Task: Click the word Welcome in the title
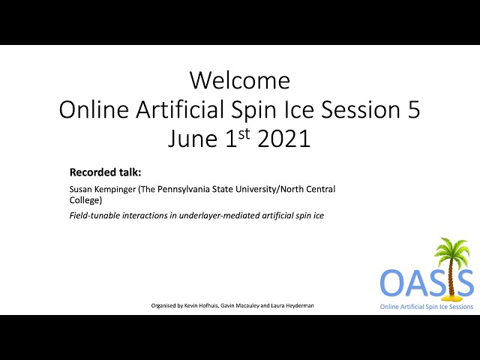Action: pyautogui.click(x=240, y=80)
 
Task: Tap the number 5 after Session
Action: pyautogui.click(x=413, y=109)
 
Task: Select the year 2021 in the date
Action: pyautogui.click(x=284, y=138)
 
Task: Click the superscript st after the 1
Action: pyautogui.click(x=244, y=133)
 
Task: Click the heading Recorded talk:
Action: pyautogui.click(x=105, y=172)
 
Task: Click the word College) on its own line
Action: pyautogui.click(x=85, y=200)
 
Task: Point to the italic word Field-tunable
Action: pyautogui.click(x=94, y=215)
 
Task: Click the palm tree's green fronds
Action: pyautogui.click(x=451, y=249)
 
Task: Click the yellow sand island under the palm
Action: pyautogui.click(x=450, y=297)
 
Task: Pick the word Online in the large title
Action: pyautogui.click(x=94, y=109)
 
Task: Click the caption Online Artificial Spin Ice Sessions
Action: pyautogui.click(x=427, y=307)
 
